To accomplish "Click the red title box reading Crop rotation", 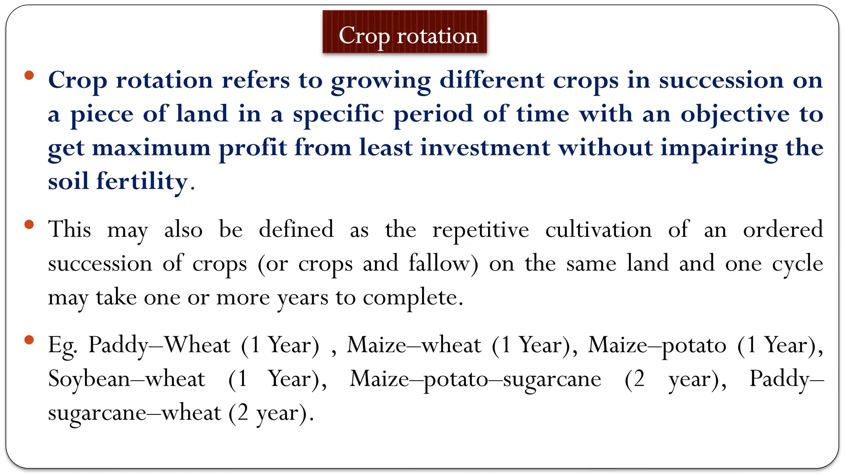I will tap(404, 32).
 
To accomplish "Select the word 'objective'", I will tap(735, 115).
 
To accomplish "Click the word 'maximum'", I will tap(151, 148).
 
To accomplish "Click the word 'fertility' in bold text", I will tap(142, 181).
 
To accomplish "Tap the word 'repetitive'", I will tap(480, 230).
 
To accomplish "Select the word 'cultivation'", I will tap(598, 230).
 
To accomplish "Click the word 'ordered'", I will tap(783, 230).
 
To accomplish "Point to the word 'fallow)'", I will tap(444, 264).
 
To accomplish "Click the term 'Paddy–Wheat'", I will tap(159, 345).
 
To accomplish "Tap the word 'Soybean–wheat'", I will tap(126, 379).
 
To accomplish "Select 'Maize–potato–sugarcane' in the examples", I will tap(475, 379).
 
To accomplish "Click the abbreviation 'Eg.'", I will tap(62, 346).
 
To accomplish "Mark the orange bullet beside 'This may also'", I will tap(29, 225).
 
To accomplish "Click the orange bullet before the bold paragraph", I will tap(29, 75).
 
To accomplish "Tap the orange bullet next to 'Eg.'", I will tap(29, 340).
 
